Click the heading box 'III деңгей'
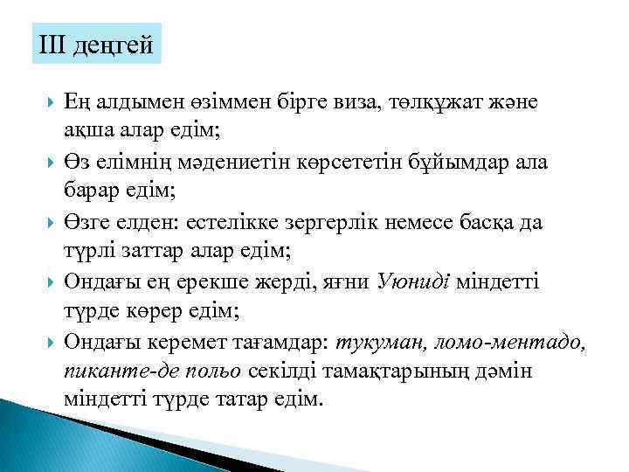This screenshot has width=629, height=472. (x=96, y=44)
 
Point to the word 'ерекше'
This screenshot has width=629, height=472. (x=205, y=281)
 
